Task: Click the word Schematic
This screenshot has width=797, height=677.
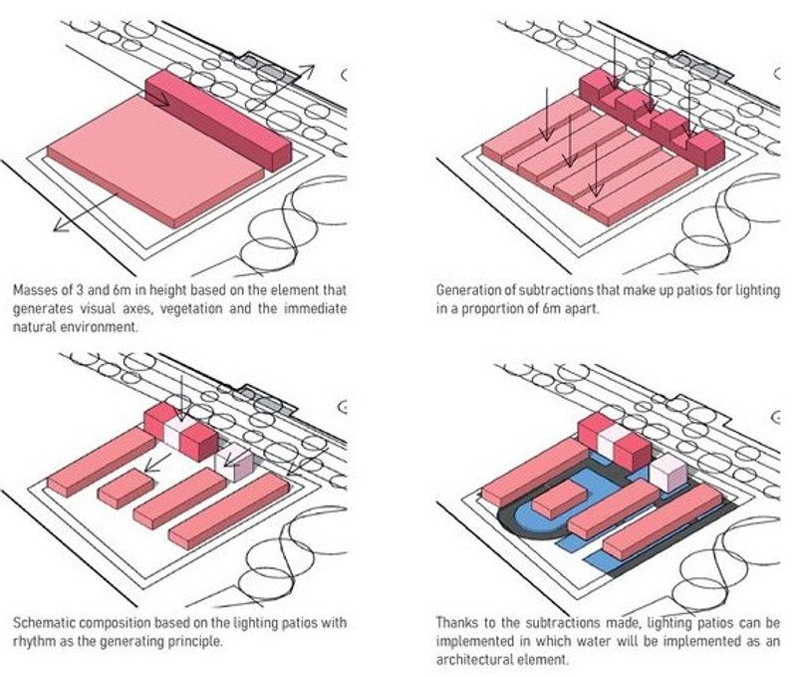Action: click(45, 622)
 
